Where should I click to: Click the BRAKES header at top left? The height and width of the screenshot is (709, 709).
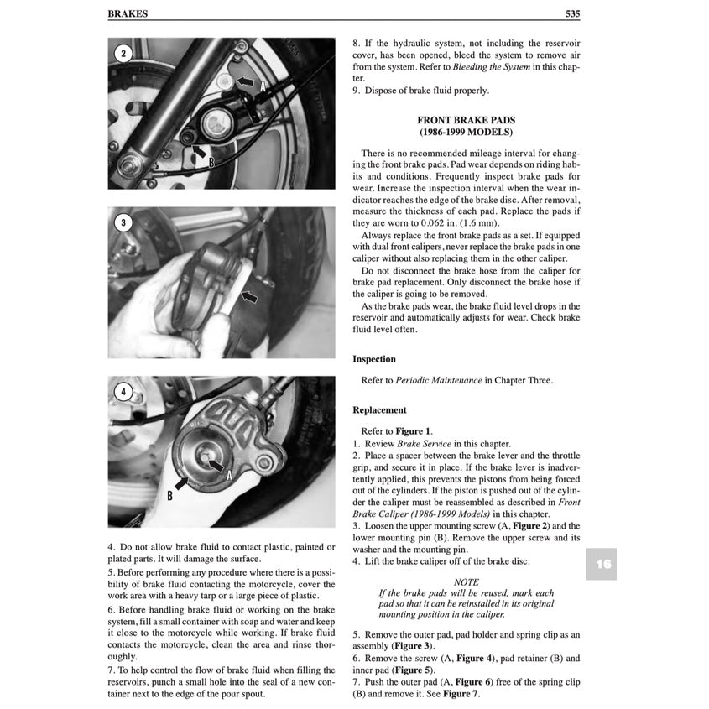(x=128, y=14)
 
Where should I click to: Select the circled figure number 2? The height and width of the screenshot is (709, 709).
(x=123, y=54)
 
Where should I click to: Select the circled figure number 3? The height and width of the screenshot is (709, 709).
(x=123, y=222)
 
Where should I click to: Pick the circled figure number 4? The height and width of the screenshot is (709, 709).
(x=123, y=391)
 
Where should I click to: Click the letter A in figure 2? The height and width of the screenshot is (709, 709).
(x=263, y=86)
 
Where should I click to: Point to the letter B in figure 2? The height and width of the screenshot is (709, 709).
(x=212, y=163)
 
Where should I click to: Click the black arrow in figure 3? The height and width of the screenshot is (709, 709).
(x=249, y=296)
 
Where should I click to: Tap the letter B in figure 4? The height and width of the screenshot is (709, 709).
(x=169, y=495)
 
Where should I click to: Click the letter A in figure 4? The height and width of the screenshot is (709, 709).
(x=228, y=474)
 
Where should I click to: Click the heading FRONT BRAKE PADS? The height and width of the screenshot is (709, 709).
(x=466, y=120)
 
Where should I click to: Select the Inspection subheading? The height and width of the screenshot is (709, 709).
(x=374, y=359)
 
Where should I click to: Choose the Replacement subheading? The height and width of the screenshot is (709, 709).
(x=379, y=410)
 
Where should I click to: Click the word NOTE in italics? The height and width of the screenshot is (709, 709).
(x=466, y=581)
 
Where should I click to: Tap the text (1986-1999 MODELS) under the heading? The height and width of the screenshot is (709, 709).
(x=466, y=133)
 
